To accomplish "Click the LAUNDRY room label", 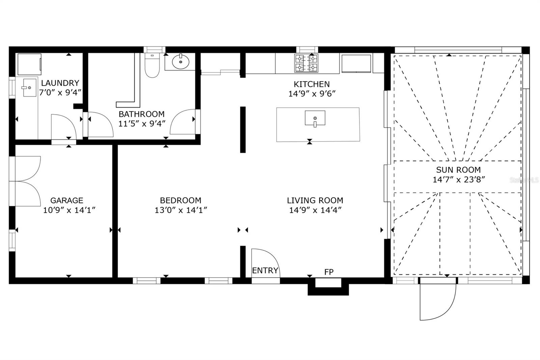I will pos(60,83).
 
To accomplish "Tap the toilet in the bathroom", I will pos(152,66).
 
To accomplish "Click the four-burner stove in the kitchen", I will pos(306,63).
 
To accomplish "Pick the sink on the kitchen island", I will pos(315,118).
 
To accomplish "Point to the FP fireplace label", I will pos(329,272).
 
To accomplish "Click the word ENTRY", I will pos(265,271).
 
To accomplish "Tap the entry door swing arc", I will pos(267,262).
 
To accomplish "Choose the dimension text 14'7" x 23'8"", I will pos(459,179).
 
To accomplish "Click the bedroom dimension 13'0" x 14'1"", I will pos(181,210).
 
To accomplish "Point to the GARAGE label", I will pos(66,200).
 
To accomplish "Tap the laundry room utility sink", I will pos(30,87).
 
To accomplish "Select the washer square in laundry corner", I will pos(29,64).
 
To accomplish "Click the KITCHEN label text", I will pos(311,84).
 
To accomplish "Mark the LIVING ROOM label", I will pos(315,200).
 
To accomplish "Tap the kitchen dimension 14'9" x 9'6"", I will pos(312,94).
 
